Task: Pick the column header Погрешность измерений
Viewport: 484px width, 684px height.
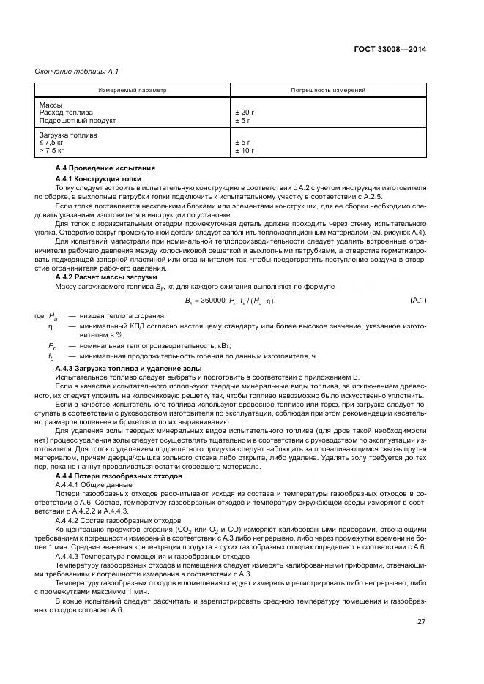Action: coord(329,90)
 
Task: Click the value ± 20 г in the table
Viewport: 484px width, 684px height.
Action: coord(245,113)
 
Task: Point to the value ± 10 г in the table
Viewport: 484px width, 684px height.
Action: coord(245,150)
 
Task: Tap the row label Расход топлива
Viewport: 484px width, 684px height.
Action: coord(62,113)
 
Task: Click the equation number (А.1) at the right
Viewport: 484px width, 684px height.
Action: coord(418,301)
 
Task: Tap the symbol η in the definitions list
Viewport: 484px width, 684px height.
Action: coord(51,323)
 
